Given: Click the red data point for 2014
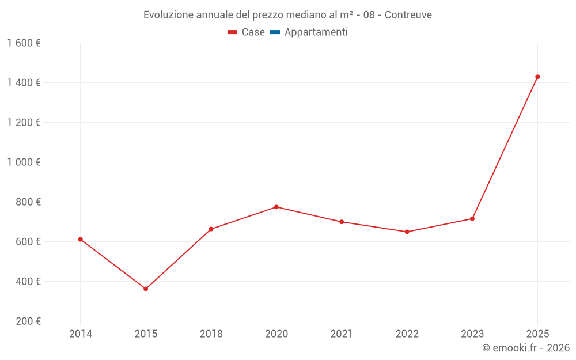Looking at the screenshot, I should [81, 239].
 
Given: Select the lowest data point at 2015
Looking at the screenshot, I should [146, 289].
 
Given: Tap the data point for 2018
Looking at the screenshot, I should [211, 229].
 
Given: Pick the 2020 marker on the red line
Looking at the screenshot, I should [276, 207].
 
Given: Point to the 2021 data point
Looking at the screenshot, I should [342, 222].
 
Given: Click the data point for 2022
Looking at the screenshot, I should [407, 232].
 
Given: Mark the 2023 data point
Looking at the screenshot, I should [472, 218].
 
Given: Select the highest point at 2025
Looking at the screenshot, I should [537, 77].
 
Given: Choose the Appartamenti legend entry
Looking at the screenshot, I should [316, 32].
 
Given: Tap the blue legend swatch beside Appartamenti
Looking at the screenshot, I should [275, 32].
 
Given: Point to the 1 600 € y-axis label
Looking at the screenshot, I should [24, 43].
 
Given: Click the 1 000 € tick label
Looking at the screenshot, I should [24, 162].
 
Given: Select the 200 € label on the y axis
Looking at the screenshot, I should [29, 321].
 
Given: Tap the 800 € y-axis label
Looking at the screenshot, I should [29, 202].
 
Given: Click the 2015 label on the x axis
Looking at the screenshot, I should [146, 334].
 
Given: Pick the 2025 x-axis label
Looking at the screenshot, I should [537, 334].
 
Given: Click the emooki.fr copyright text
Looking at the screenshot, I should [526, 348].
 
